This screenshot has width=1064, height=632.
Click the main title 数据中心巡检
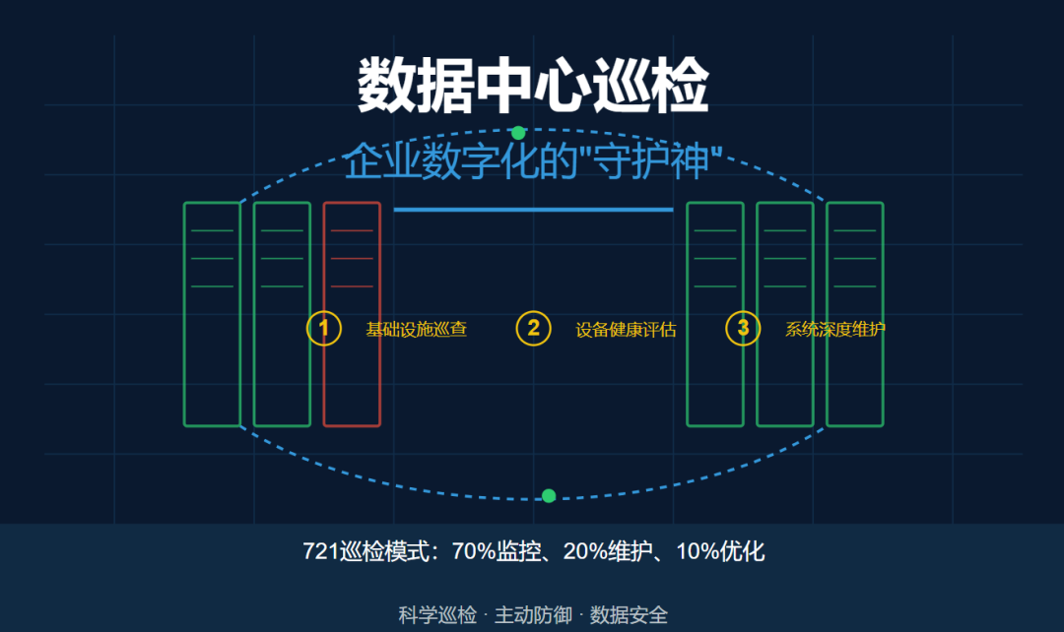[532, 87]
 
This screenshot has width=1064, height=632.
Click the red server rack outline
[352, 314]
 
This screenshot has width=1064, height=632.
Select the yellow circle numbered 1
[323, 329]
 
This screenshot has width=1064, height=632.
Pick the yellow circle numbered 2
[533, 329]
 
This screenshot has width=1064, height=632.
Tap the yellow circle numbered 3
[743, 329]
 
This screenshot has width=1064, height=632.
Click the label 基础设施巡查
[416, 330]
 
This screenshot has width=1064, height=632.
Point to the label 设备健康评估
[626, 330]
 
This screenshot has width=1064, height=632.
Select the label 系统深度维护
[834, 330]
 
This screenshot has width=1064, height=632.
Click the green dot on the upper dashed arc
[518, 133]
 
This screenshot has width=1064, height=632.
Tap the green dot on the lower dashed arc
[549, 495]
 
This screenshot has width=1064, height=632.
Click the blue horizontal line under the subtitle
[533, 210]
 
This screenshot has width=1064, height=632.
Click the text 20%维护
[607, 551]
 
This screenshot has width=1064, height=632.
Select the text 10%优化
[720, 551]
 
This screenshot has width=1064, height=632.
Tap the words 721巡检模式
[368, 551]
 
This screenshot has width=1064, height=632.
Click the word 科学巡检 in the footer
[437, 615]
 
